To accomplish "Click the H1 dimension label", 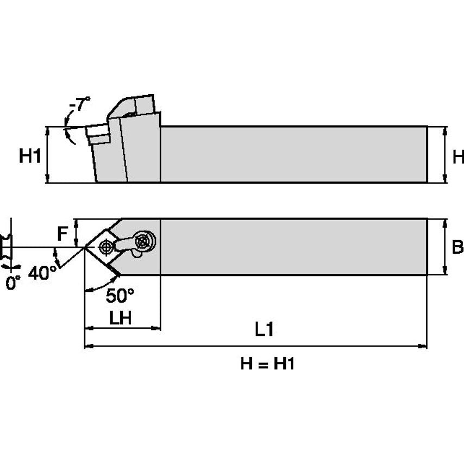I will tap(30, 156).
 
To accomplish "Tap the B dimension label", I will tap(457, 248).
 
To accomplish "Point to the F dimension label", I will tap(63, 234).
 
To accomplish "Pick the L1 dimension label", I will tap(264, 330).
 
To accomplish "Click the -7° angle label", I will tap(80, 104).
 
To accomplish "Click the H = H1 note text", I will tap(267, 363).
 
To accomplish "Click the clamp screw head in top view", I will tap(145, 239).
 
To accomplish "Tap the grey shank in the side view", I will tap(293, 154).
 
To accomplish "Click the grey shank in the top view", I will tap(293, 247).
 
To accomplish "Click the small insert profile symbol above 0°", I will tap(7, 248).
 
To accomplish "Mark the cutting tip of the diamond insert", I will tap(85, 248).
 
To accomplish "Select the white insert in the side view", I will tap(98, 134).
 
